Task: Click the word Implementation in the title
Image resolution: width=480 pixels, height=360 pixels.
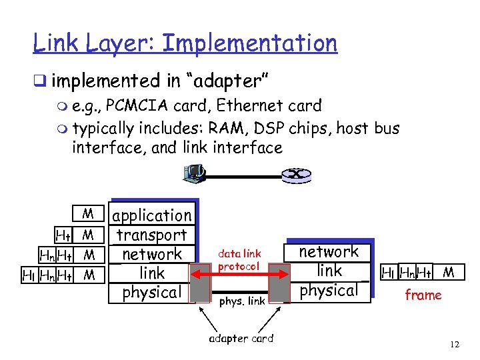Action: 250,44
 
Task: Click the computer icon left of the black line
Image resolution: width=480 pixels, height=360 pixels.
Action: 193,175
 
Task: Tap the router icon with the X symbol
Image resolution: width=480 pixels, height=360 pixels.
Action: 293,175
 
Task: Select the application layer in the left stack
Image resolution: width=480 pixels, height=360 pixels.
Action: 152,215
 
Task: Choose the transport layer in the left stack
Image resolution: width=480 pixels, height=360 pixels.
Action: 152,235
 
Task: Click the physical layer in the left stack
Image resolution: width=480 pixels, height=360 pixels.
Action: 152,292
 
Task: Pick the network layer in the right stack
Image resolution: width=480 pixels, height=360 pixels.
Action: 329,251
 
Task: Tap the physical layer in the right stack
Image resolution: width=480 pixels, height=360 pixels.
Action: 329,290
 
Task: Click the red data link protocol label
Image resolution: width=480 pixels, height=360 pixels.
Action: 239,260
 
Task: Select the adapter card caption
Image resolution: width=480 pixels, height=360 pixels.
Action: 241,338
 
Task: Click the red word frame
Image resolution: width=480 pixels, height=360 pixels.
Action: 423,295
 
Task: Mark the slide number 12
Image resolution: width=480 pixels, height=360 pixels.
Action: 455,344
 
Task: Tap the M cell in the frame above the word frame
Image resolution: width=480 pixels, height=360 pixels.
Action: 449,272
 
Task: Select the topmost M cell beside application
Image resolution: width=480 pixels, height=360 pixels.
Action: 88,215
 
